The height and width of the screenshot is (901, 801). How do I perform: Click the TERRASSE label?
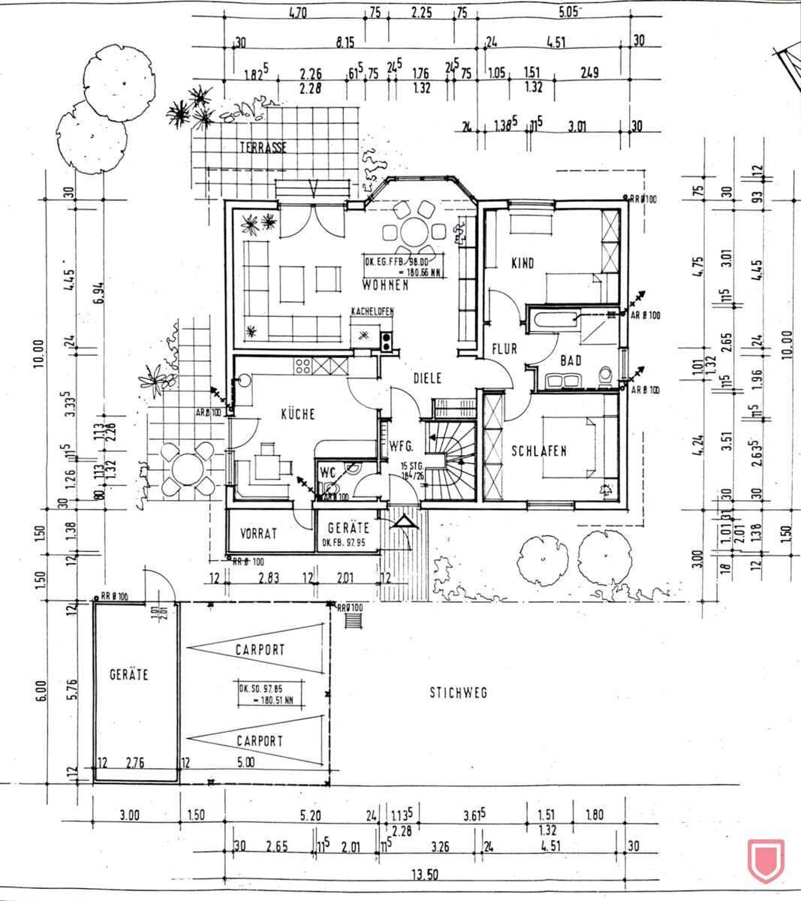263,148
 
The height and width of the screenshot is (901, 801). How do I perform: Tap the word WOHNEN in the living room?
384,285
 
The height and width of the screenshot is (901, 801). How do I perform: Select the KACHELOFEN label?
372,312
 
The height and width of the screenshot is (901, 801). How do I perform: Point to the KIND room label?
522,264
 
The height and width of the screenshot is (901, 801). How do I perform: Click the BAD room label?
571,361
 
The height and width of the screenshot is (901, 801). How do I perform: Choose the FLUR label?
505,349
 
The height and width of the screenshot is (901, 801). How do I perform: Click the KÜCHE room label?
297,414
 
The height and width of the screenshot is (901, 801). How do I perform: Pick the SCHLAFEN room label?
538,451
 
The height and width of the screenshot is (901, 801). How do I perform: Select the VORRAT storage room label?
259,534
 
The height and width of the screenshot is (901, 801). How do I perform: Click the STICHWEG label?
458,692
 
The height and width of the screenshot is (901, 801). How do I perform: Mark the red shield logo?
766,860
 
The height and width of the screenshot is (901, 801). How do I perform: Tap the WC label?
327,472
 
